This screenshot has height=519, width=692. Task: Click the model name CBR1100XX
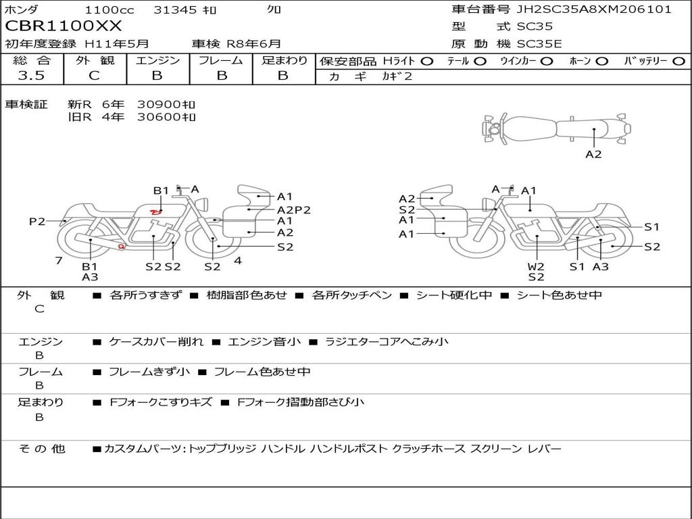click(63, 26)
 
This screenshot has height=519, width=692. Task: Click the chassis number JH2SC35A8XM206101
click(594, 9)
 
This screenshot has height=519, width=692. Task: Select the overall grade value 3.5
click(31, 76)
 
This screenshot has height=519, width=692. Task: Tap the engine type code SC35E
click(539, 44)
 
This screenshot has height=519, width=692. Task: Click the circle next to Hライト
click(427, 61)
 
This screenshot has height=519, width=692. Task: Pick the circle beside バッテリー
click(678, 61)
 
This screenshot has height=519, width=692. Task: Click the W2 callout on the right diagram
click(536, 266)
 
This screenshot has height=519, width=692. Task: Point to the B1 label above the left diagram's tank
click(161, 191)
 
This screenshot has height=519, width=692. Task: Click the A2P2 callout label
click(294, 210)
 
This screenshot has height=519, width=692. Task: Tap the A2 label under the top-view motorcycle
click(593, 155)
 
